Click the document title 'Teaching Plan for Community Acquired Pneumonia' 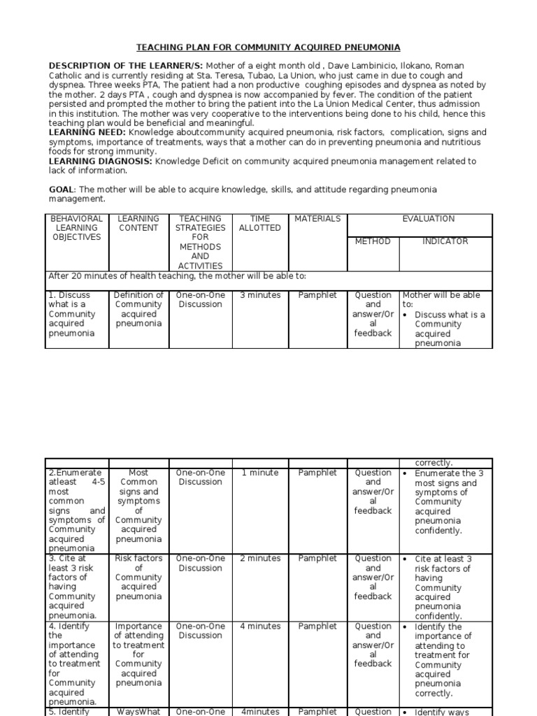coord(268,48)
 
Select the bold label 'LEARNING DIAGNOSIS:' coord(100,161)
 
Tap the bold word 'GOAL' coord(61,189)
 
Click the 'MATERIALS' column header coord(317,219)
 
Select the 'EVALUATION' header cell coord(428,219)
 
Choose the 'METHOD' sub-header coord(373,241)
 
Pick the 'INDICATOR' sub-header coord(445,241)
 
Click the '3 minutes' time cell coord(259,295)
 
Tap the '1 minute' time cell coord(259,473)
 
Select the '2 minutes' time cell coord(259,559)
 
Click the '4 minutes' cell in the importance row coord(259,626)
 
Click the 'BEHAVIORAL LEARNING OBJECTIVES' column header coord(77,228)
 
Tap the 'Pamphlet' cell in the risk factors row coord(317,559)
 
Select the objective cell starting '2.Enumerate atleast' coord(77,510)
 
